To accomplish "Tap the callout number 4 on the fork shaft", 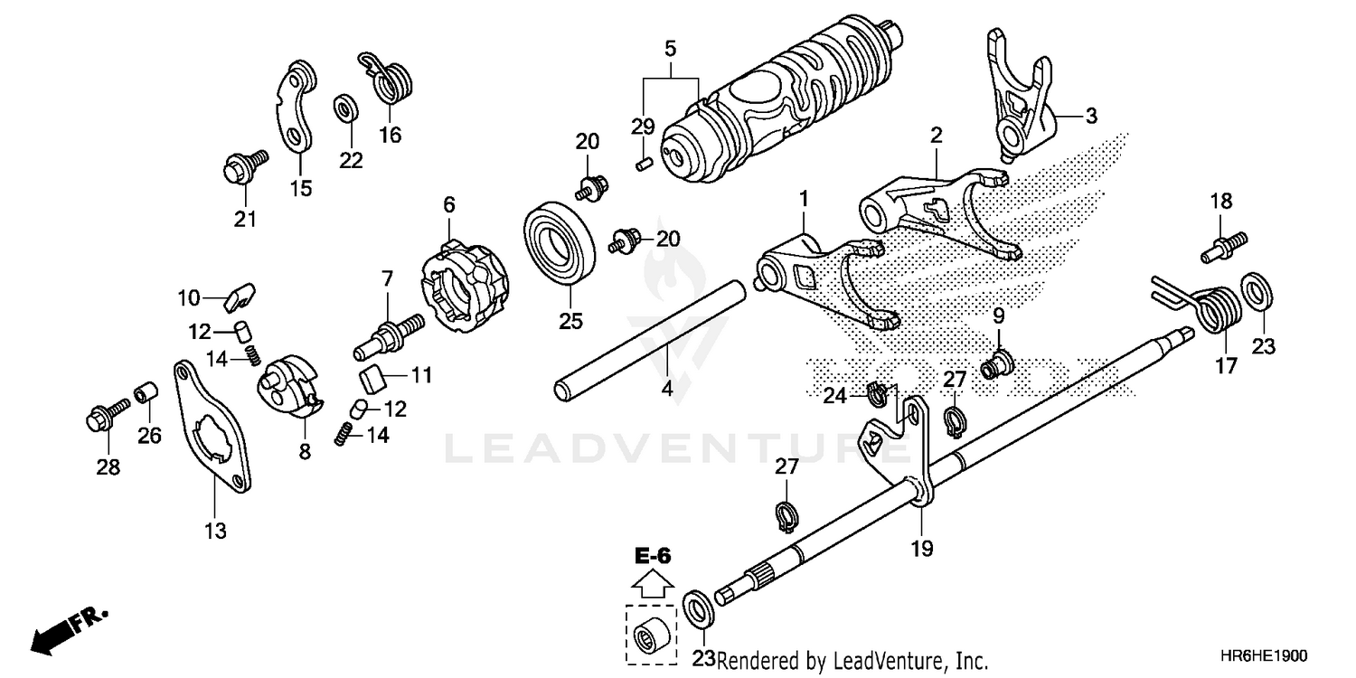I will pyautogui.click(x=666, y=389).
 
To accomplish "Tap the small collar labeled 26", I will pyautogui.click(x=146, y=396).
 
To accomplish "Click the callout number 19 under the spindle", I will pyautogui.click(x=922, y=548).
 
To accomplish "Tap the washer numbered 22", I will pyautogui.click(x=345, y=110).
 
